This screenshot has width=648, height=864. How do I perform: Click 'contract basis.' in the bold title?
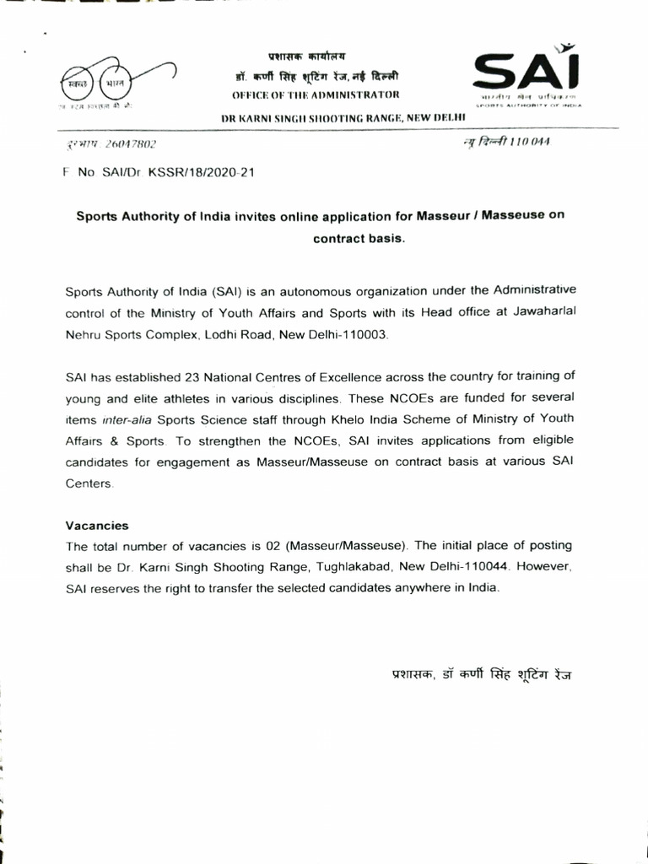tap(359, 238)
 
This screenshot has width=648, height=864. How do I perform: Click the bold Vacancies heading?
tap(97, 524)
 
